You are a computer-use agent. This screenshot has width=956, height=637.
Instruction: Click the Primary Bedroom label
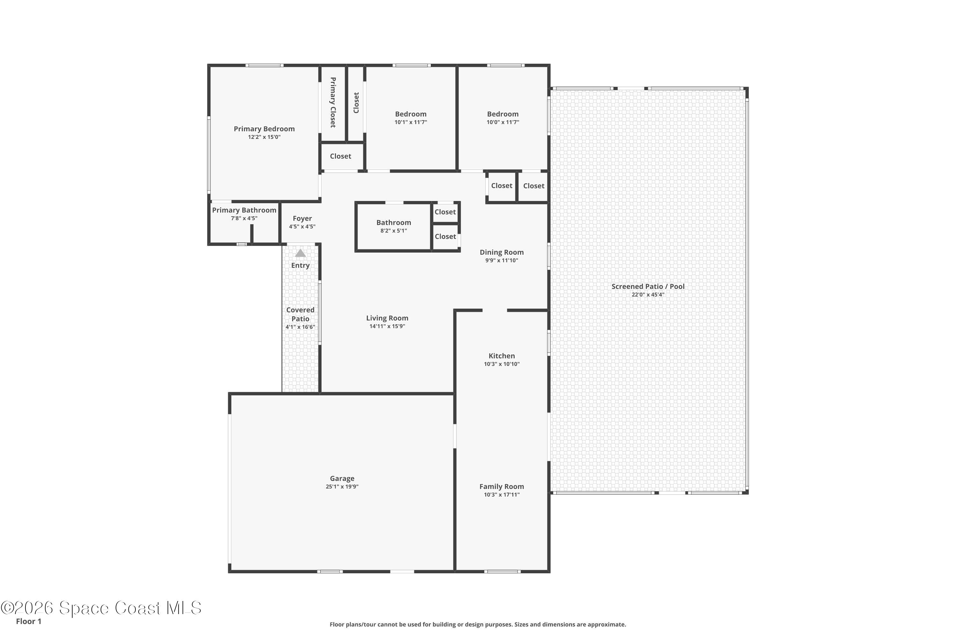(264, 129)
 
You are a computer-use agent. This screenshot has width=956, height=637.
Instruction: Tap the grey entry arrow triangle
(301, 254)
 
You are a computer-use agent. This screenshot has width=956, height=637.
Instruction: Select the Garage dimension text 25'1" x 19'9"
(342, 487)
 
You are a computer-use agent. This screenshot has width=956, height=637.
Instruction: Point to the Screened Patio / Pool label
(648, 286)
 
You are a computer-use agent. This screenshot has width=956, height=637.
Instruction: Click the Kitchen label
(502, 356)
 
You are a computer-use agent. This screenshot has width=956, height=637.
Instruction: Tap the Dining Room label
(502, 252)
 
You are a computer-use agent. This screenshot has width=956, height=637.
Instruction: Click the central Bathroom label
(394, 223)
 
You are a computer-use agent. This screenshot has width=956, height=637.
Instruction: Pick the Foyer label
(302, 218)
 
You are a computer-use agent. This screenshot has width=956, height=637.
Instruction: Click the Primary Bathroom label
(244, 210)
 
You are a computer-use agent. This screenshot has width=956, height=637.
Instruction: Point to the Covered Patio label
(301, 314)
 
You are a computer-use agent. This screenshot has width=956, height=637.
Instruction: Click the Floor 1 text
(28, 621)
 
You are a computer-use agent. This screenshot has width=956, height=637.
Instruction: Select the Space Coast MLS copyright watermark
(101, 608)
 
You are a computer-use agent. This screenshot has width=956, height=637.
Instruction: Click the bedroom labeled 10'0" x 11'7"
(503, 114)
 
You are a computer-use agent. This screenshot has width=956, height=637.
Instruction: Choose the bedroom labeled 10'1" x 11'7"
(410, 114)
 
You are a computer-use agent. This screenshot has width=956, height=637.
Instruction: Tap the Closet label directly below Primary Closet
(340, 156)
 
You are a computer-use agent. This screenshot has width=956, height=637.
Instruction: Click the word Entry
(301, 266)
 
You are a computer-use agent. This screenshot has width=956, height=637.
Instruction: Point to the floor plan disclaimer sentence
(478, 624)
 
